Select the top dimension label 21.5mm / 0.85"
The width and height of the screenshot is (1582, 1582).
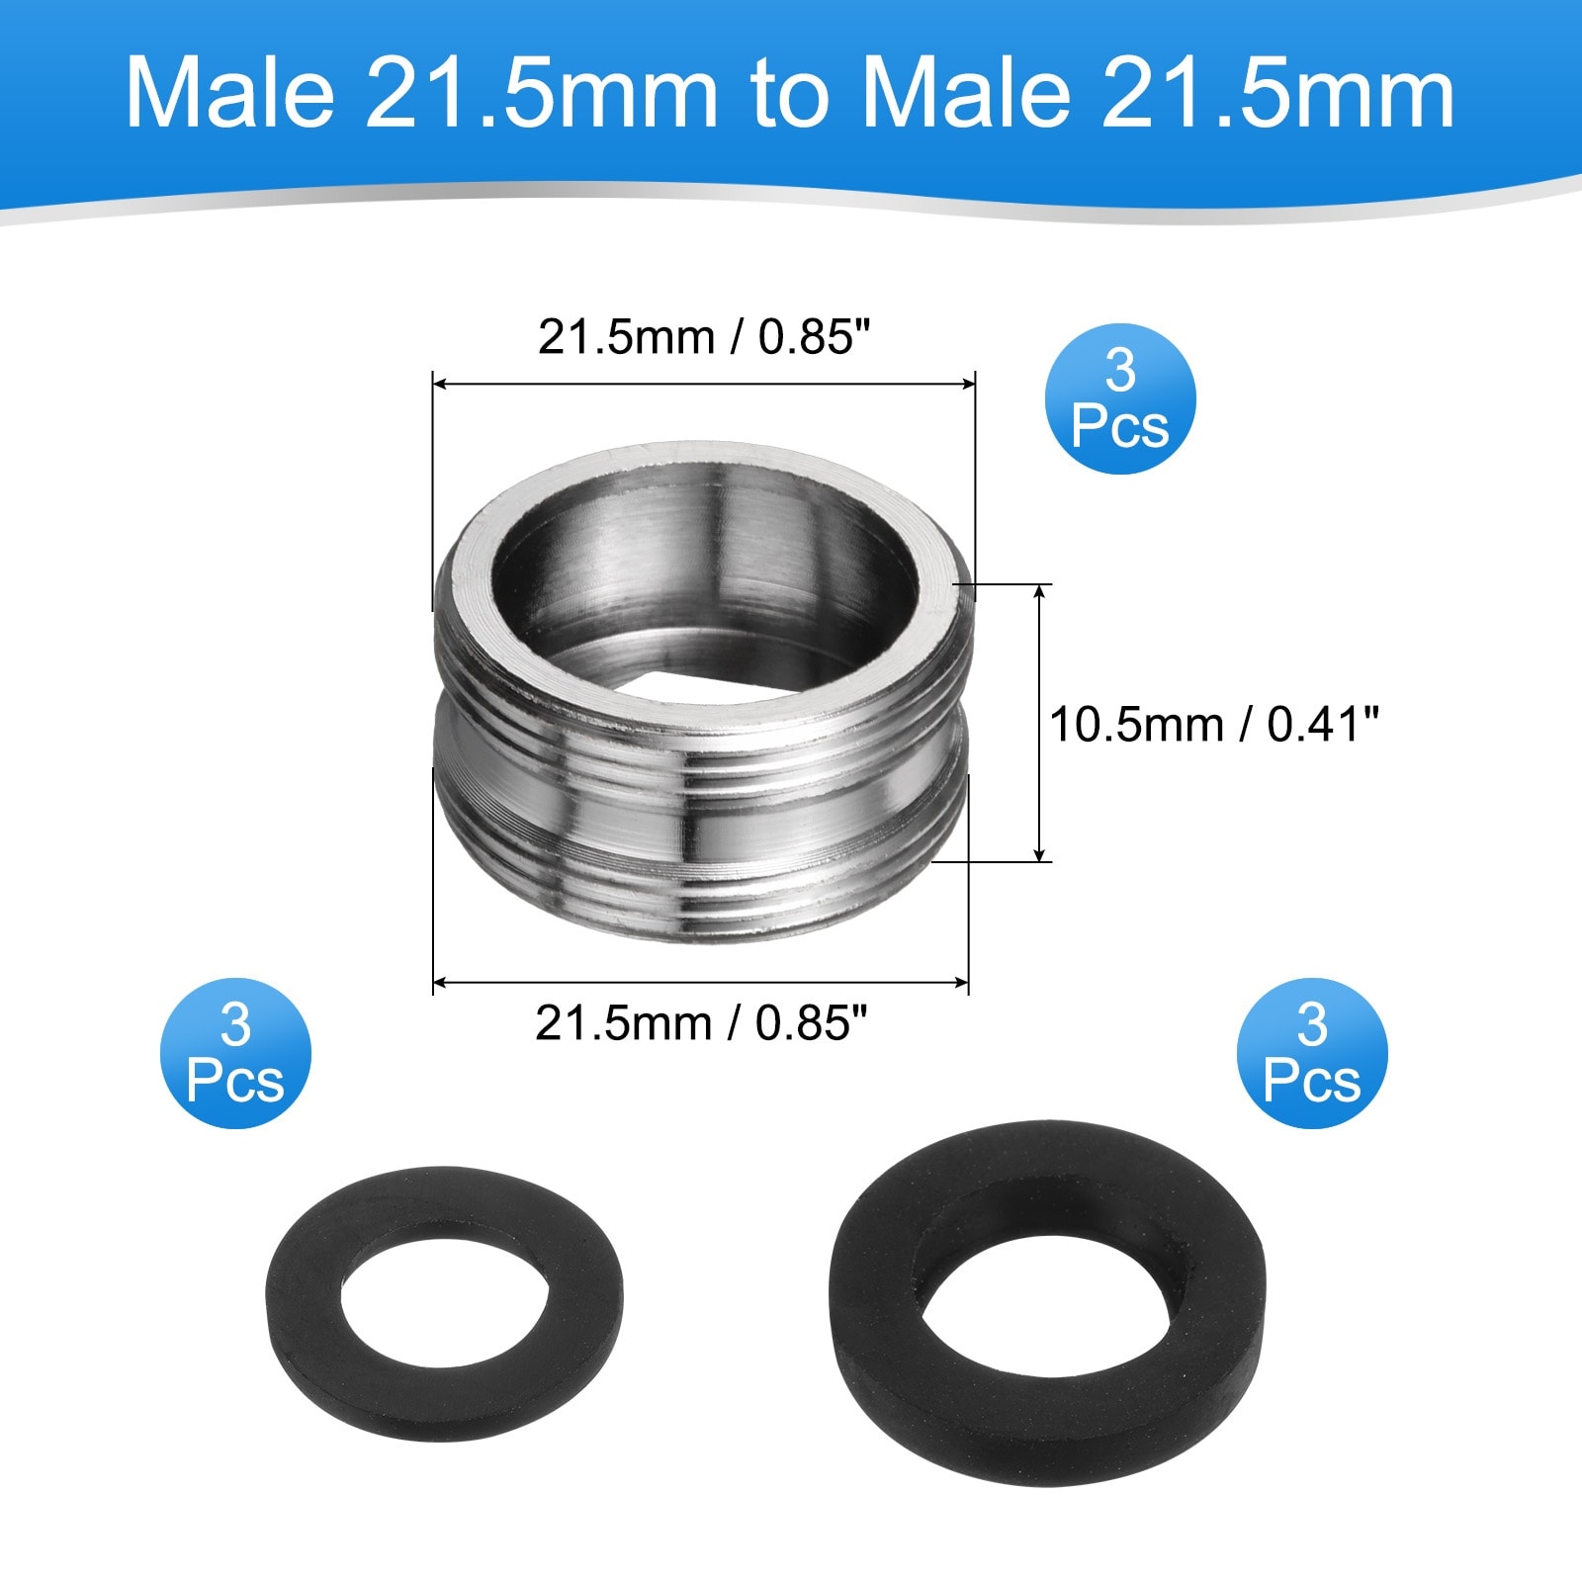pyautogui.click(x=707, y=337)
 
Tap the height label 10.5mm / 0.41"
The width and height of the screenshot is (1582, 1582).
pyautogui.click(x=1213, y=725)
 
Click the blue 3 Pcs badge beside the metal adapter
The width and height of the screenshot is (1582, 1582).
pyautogui.click(x=1120, y=398)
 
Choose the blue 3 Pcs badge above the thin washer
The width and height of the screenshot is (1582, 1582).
pyautogui.click(x=235, y=1053)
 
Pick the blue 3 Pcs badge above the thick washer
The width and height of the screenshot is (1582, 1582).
pyautogui.click(x=1312, y=1053)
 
